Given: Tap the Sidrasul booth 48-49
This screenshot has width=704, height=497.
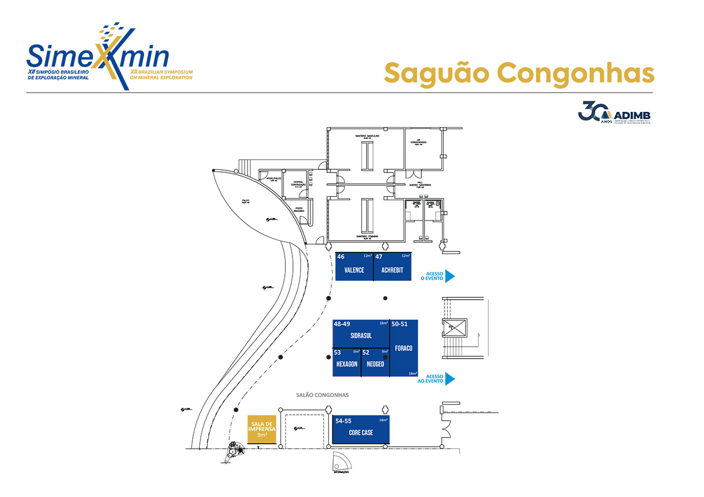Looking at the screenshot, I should click(x=361, y=334).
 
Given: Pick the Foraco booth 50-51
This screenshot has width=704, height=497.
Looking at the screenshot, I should click(x=403, y=348).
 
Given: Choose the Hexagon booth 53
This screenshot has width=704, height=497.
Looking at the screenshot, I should click(x=346, y=363).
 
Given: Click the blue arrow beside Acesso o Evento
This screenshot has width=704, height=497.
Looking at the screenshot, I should click(x=449, y=276).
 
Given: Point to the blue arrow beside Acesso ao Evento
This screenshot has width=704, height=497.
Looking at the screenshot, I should click(x=449, y=379).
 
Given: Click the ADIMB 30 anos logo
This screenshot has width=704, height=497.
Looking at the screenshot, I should click(x=614, y=112).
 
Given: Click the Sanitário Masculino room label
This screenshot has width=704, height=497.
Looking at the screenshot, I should click(x=367, y=136).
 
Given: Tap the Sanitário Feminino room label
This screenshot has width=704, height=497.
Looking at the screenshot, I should click(x=367, y=236).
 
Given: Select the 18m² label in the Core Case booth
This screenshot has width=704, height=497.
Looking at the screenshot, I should click(x=383, y=420).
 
